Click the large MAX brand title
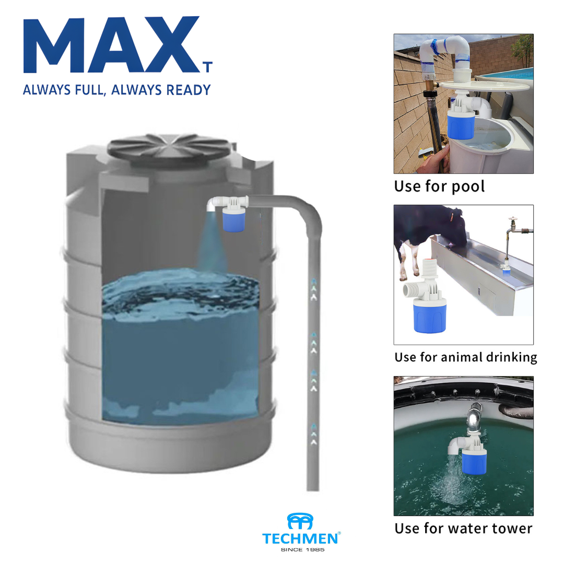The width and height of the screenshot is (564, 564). (x=112, y=44)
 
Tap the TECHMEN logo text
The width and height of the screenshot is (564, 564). (x=300, y=538)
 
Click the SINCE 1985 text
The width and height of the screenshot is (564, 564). (x=302, y=549)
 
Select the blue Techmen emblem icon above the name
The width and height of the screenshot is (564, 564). (x=300, y=521)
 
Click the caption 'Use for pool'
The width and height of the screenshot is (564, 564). (x=439, y=186)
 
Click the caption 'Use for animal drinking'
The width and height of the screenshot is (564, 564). (x=465, y=357)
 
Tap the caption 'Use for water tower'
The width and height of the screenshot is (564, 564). (x=463, y=528)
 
